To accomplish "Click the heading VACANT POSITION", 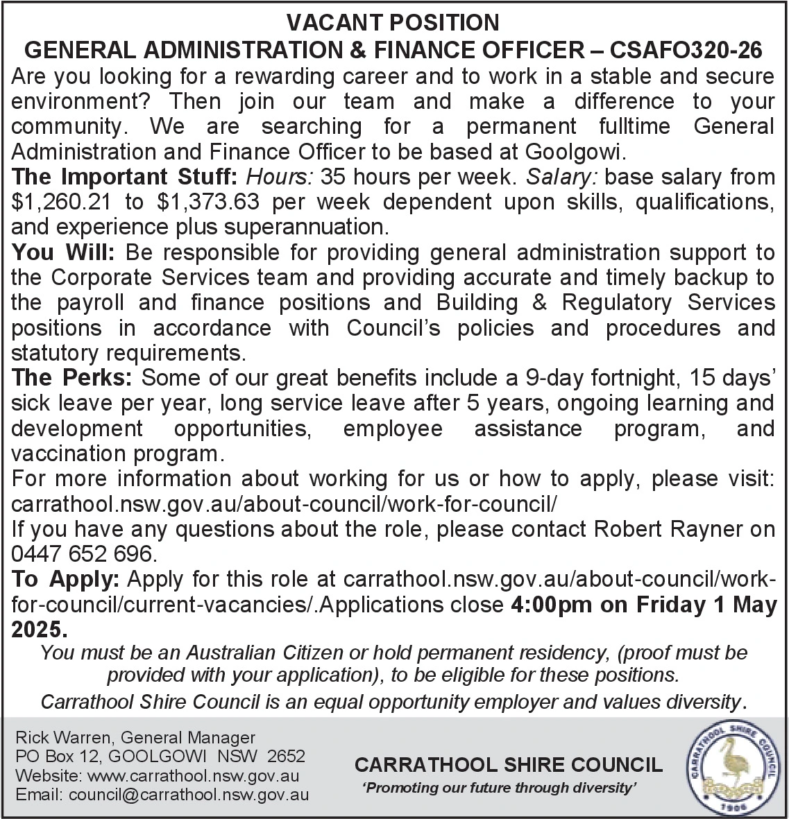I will click(x=393, y=23).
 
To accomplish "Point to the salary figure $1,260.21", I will click(x=63, y=202).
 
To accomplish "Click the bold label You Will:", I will click(x=66, y=252).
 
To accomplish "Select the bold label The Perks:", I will click(x=73, y=378).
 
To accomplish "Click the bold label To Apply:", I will click(x=67, y=579).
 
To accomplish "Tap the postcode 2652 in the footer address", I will click(x=287, y=757).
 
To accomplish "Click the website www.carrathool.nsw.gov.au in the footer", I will click(x=192, y=775).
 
